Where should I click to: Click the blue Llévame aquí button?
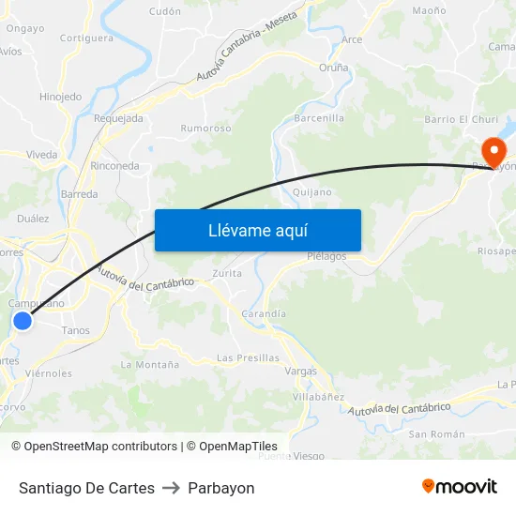pos(257,230)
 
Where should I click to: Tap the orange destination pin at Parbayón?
pos(493,151)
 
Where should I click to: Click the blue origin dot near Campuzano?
pos(23,321)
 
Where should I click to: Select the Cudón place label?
pos(165,11)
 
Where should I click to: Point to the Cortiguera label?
pos(86,38)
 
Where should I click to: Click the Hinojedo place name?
pos(60,97)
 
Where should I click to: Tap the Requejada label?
pos(118,118)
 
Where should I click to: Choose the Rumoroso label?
pos(205,129)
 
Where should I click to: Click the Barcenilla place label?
pos(319,118)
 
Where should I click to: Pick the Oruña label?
pos(333,68)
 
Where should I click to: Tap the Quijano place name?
pos(311,192)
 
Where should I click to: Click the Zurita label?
pos(227,273)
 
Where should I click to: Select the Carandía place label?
pos(264,313)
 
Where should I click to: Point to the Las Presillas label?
pos(248,357)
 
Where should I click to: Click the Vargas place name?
pos(300,372)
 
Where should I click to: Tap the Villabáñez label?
pos(318,398)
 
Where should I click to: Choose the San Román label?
pos(436,433)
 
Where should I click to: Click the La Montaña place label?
pos(149,364)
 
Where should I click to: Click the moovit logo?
pos(459,487)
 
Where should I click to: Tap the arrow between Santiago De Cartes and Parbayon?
pos(171,488)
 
